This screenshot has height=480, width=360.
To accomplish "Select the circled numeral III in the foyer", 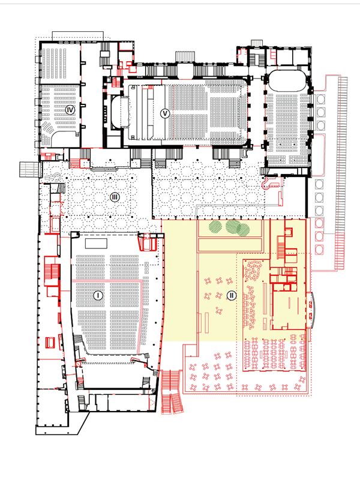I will pos(115,197).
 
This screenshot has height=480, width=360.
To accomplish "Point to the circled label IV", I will pos(71,110).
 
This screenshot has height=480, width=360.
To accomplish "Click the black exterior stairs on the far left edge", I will pos(28,170).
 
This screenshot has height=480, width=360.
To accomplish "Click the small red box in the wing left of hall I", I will pos(50,342).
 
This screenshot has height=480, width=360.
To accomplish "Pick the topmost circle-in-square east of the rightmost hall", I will pos(321,98).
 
